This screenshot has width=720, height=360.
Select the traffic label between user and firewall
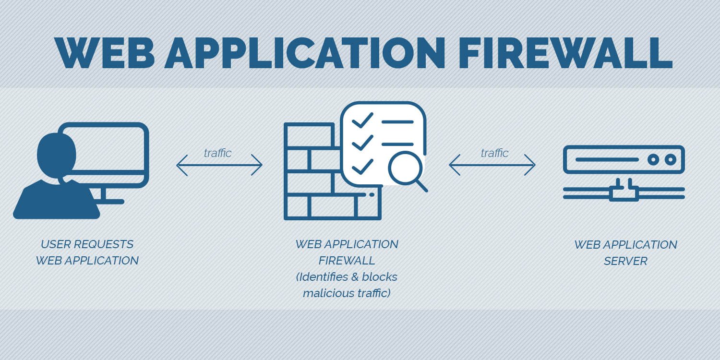[217, 153]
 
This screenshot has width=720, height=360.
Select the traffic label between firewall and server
[494, 153]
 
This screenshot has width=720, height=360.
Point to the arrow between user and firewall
[219, 165]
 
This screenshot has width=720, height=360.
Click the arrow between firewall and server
[492, 165]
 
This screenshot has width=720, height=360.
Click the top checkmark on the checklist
[362, 120]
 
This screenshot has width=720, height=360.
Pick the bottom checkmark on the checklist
[362, 167]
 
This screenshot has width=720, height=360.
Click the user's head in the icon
[56, 151]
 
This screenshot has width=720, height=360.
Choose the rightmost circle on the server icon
[671, 159]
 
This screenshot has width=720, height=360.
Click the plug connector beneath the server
[624, 192]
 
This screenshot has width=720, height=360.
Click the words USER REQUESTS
[87, 244]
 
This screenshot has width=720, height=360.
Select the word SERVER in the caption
[625, 261]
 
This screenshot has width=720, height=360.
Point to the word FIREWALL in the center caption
[347, 261]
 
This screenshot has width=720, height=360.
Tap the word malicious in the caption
[324, 293]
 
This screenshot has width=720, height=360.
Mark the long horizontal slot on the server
[607, 159]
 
